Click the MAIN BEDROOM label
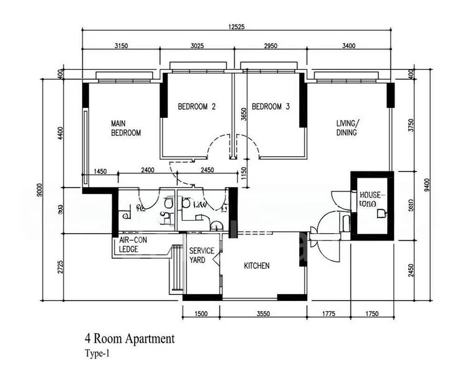tap(126, 128)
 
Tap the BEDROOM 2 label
tap(196, 107)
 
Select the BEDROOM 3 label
tap(270, 107)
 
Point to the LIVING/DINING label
tap(347, 128)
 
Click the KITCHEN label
tap(256, 266)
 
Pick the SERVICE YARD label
tap(201, 255)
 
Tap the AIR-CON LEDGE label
tap(133, 244)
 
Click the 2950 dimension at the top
tap(269, 46)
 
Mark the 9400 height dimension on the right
tap(426, 187)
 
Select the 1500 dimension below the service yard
tap(201, 314)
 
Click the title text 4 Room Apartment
tap(130, 339)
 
